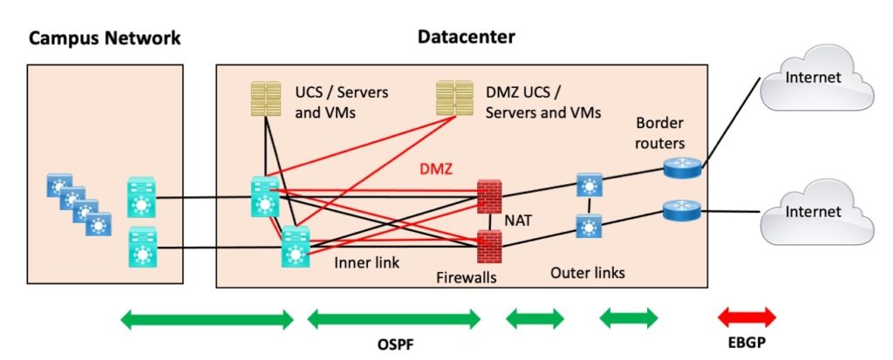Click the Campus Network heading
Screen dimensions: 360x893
pos(105,38)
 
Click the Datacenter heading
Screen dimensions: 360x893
pos(466,37)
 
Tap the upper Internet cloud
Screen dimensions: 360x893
pos(813,78)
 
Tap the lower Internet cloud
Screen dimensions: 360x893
pos(813,211)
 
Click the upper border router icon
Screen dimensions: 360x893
pos(681,167)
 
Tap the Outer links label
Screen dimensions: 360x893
pos(587,273)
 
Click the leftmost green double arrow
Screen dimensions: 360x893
pos(207,319)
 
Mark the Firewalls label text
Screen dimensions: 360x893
pos(466,278)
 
